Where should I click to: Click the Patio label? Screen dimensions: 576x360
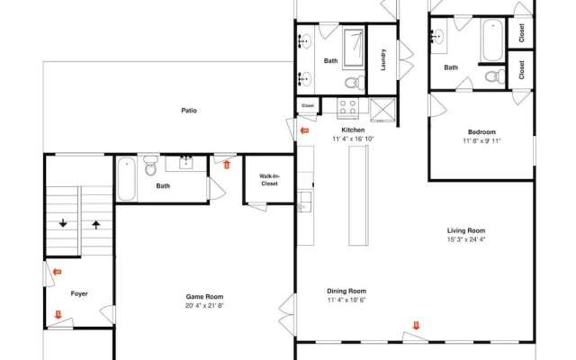coord(189,111)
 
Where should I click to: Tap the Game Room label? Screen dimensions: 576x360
coord(204,297)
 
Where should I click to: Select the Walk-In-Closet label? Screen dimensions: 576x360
coord(269,180)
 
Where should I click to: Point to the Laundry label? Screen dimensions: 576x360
coord(383,59)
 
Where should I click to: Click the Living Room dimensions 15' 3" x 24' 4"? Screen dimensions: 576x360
coord(466,239)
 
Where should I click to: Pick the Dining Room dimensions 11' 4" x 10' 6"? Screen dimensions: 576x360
coord(346,300)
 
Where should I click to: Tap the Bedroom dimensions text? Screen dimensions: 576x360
coord(481,140)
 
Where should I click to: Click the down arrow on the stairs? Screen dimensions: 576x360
coord(63,222)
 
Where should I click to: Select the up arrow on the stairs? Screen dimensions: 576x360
coord(96,225)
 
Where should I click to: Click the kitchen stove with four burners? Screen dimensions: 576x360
coord(348,108)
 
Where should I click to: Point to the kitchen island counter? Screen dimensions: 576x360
coord(358,195)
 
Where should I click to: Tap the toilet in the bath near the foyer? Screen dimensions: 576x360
coord(150,166)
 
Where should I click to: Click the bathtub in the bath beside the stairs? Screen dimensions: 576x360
coord(126,179)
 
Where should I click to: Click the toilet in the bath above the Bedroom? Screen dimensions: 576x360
coord(495,76)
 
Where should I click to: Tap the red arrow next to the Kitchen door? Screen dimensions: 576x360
coord(304,130)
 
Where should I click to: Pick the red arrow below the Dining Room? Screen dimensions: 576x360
coord(416,326)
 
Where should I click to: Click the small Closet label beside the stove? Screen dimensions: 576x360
coord(308,106)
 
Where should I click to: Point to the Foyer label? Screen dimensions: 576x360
coord(79,294)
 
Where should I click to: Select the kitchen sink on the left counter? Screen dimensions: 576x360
coord(304,202)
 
